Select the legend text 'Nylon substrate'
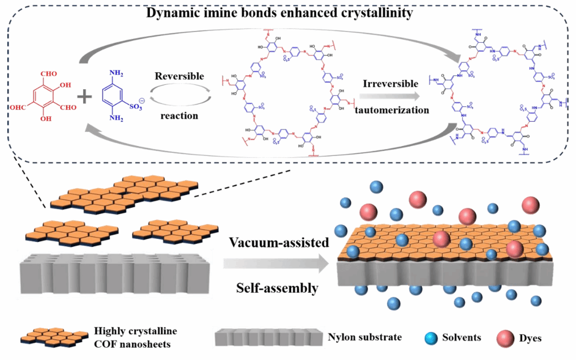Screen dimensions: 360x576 (x=364, y=336)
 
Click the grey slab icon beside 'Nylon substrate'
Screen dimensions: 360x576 (x=268, y=337)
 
